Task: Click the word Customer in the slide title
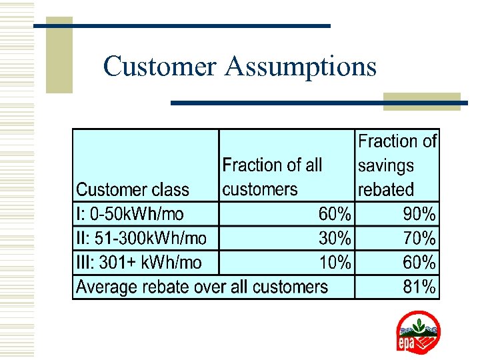pos(160,67)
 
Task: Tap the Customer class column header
pos(133,189)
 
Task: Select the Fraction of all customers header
pos(272,177)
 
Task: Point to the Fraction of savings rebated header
pos(397,165)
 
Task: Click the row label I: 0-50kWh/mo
pos(130,214)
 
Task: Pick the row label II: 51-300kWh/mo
pos(141,238)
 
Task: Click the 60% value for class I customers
pos(335,214)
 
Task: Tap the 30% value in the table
pos(335,238)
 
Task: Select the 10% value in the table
pos(335,263)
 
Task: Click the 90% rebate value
pos(419,214)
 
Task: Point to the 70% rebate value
pos(419,238)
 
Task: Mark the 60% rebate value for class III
pos(419,263)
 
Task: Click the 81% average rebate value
pos(419,287)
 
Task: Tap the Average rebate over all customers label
pos(202,287)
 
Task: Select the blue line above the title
pos(181,26)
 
